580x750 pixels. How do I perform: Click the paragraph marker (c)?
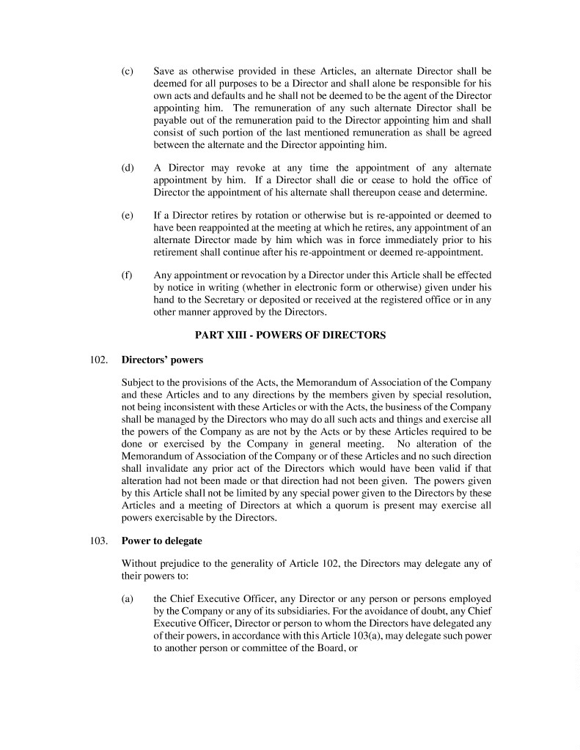click(127, 72)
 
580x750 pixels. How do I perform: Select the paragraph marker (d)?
click(127, 168)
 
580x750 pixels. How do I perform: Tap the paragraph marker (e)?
click(127, 216)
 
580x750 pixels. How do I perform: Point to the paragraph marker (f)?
click(127, 276)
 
